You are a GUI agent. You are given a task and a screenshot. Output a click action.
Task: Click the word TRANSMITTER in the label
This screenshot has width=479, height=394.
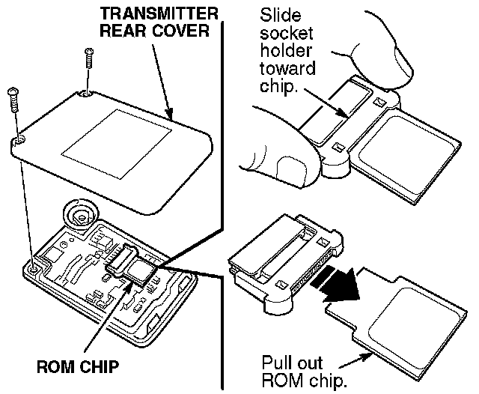tap(159, 13)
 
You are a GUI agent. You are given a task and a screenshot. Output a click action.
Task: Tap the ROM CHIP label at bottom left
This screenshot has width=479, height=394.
tap(78, 366)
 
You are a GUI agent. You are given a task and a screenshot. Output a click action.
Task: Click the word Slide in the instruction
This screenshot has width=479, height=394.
tap(280, 15)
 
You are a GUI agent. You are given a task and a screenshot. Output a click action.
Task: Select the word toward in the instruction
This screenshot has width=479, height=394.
tap(287, 68)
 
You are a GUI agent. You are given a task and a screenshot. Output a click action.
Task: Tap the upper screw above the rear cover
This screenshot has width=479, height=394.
tap(89, 58)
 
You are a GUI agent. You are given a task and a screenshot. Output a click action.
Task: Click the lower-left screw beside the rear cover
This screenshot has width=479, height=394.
tap(13, 100)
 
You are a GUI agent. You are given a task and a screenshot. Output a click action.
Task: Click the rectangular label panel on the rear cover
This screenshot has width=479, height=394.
tap(117, 145)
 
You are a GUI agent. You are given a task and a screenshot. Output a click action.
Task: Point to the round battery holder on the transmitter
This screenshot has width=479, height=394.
tap(80, 215)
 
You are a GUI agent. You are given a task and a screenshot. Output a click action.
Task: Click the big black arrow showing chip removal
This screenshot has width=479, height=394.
tap(338, 282)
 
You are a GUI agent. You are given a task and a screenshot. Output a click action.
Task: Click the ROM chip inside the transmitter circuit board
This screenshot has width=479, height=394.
tap(138, 270)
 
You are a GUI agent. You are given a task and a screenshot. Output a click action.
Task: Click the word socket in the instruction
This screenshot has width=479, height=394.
tap(287, 33)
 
